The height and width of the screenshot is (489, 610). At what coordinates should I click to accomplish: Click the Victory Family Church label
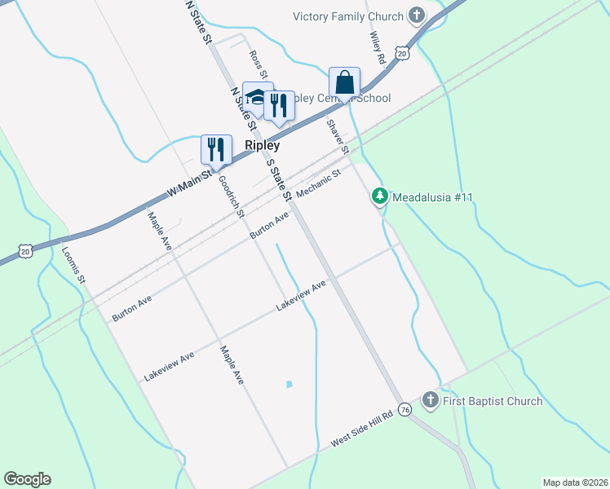coord(347,16)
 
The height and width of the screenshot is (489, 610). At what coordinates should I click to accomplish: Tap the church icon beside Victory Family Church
coord(417,15)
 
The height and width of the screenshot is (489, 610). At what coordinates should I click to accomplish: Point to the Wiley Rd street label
coord(377,48)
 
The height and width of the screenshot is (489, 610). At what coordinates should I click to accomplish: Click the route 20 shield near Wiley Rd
coord(401,53)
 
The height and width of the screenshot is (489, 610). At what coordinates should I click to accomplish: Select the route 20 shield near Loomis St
coord(26,252)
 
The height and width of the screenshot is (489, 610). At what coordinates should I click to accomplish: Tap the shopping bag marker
coord(344,83)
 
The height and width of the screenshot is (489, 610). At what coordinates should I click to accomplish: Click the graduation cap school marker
coord(258,97)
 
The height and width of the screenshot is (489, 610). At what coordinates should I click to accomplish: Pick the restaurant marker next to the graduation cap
coord(279,105)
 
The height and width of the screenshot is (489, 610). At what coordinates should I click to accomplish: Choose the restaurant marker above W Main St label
coord(216,149)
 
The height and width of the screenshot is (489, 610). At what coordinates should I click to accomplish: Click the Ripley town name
coord(263,146)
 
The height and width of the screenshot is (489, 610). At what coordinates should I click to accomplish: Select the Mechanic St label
coord(318,184)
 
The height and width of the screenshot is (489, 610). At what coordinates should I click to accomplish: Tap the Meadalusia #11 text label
coord(433,197)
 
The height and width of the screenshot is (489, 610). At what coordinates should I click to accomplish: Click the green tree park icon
coord(379,196)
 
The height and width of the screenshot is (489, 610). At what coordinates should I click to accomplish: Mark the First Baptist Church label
coord(493,401)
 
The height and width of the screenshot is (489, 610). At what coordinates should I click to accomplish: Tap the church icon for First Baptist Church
coord(431,400)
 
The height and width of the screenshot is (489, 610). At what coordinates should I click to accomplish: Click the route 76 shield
coord(404,409)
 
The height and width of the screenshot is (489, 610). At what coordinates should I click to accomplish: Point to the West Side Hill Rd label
coord(362,428)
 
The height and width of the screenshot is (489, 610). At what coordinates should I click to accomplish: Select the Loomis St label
coord(74,264)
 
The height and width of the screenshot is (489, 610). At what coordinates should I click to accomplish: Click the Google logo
coord(27,478)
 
